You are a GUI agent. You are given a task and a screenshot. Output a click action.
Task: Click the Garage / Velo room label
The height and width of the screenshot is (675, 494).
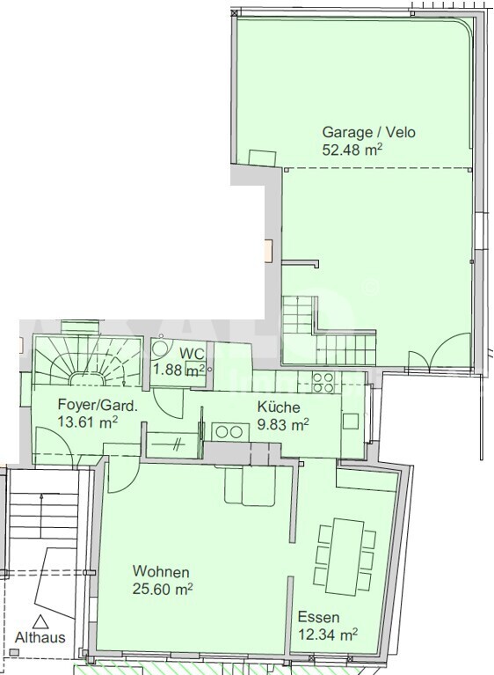[x=369, y=132]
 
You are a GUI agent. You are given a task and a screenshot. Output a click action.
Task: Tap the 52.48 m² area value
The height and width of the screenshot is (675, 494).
[x=352, y=150]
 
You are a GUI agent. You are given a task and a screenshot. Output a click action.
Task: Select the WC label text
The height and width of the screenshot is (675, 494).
[x=192, y=354]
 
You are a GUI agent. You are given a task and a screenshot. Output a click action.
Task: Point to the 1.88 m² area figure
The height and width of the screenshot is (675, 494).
[x=178, y=371]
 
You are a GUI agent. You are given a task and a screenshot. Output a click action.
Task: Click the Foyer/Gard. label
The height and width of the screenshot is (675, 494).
[x=98, y=405]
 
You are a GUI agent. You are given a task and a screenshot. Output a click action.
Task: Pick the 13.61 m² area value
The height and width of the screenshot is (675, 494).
[x=87, y=422]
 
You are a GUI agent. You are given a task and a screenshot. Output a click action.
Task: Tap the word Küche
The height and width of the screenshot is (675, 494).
[x=279, y=407]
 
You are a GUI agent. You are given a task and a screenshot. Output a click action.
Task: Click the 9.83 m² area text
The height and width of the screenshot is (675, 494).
[x=283, y=424]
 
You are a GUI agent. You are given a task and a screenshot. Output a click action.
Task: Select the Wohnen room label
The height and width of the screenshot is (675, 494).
[x=161, y=572]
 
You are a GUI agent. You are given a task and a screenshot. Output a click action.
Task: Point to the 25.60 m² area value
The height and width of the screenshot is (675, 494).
[x=162, y=589]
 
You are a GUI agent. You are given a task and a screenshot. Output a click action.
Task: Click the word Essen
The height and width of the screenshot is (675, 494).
[x=318, y=617]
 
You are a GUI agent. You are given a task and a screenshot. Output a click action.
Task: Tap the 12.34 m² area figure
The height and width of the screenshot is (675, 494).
[x=328, y=635]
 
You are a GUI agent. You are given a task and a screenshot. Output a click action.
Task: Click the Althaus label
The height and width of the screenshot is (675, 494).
[x=40, y=637]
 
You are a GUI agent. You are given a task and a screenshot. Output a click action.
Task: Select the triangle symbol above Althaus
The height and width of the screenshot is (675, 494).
[x=40, y=621]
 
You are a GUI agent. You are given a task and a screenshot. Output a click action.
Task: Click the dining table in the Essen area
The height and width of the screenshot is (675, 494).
[x=346, y=556]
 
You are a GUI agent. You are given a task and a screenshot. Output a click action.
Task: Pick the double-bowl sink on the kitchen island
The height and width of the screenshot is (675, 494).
[x=230, y=431]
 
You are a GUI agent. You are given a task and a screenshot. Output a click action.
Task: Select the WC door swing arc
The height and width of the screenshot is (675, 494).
[x=169, y=403]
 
